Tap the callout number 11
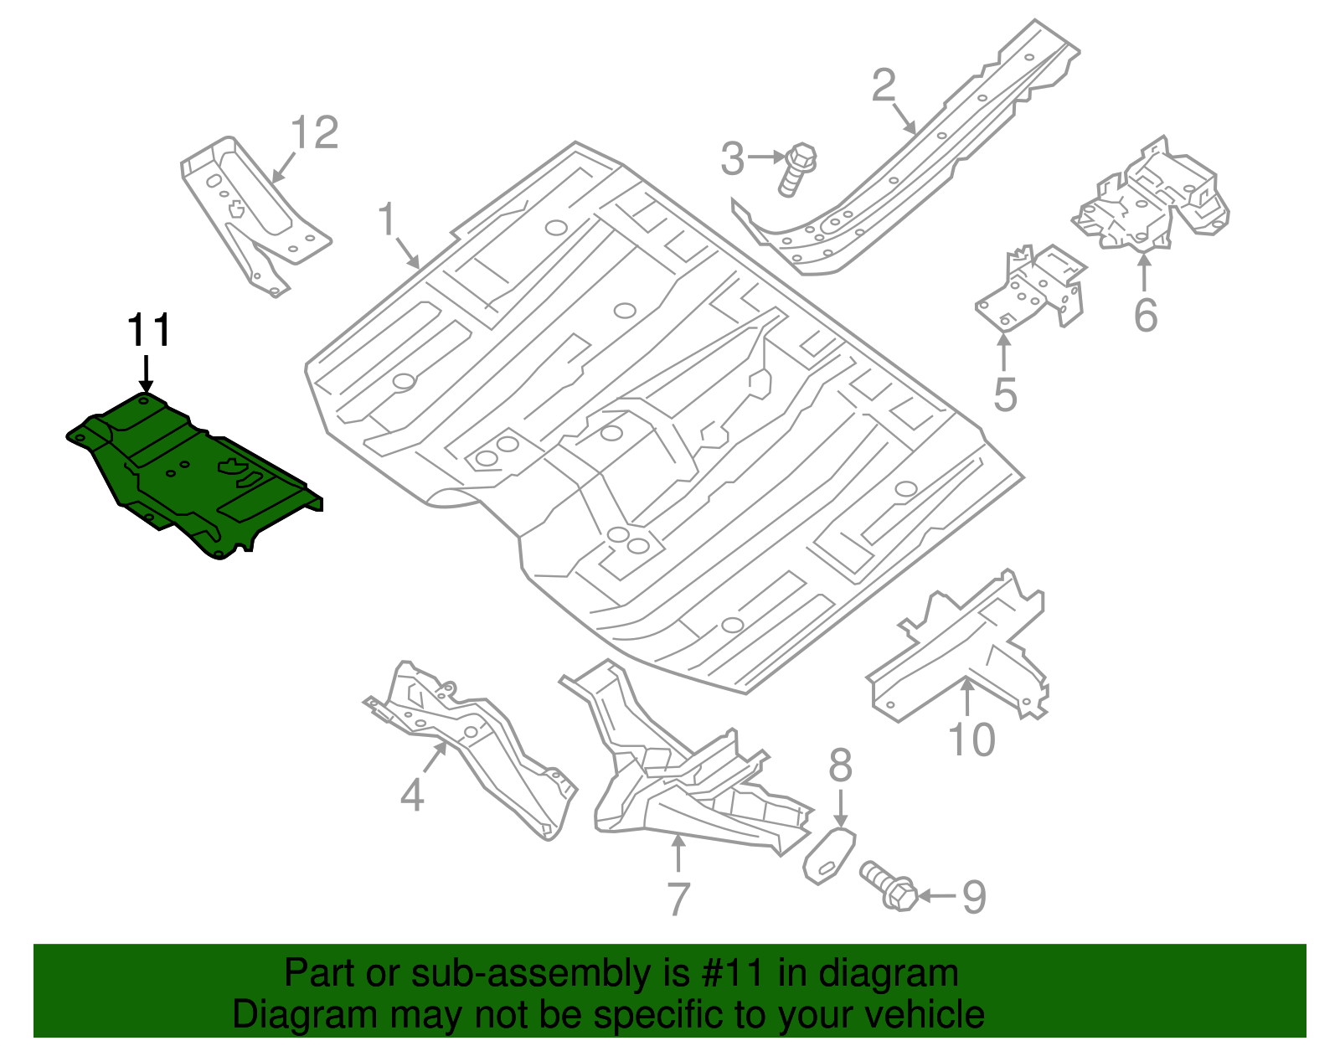[x=149, y=331]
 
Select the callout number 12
[x=314, y=134]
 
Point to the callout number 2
[x=884, y=86]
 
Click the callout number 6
[x=1145, y=316]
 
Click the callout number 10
[x=971, y=740]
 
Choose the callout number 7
[x=678, y=899]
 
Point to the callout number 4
[x=411, y=795]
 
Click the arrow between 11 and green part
[x=147, y=373]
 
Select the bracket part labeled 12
[x=251, y=209]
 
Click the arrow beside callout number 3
[x=766, y=157]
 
